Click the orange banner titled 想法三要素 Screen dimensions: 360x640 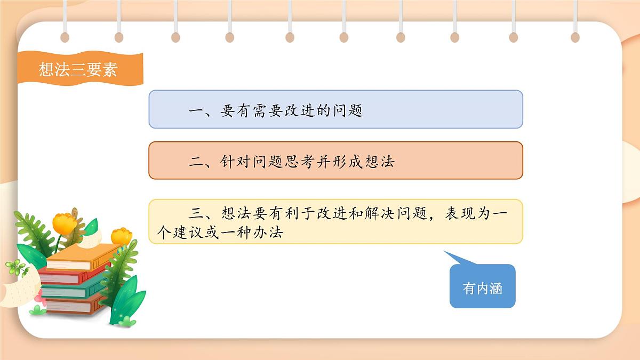pyautogui.click(x=78, y=69)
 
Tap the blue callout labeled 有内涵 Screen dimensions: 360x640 pyautogui.click(x=482, y=288)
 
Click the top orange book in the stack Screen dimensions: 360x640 pyautogui.click(x=80, y=258)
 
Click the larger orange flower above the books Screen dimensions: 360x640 pyautogui.click(x=65, y=223)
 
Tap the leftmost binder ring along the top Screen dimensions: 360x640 pyautogui.click(x=65, y=36)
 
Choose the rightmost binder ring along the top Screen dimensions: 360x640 pyautogui.click(x=575, y=36)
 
